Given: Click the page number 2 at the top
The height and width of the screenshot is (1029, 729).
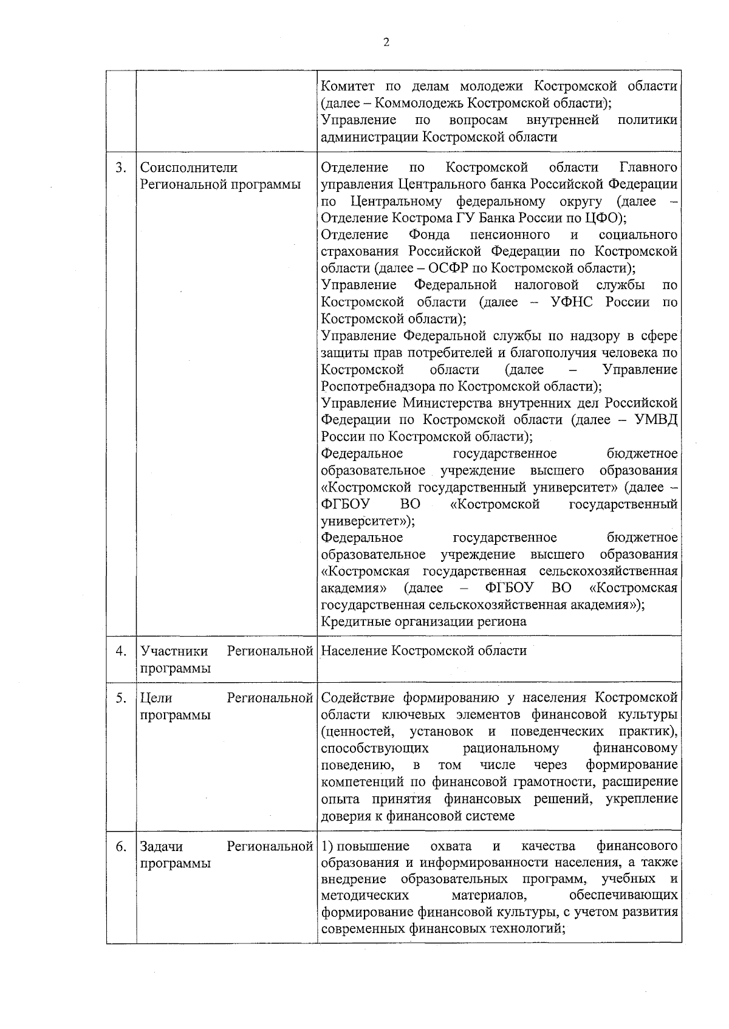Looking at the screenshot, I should point(386,42).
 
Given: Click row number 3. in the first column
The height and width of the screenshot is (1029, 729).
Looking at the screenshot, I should point(121,168).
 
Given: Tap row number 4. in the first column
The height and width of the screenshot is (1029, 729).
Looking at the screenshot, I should point(121,651).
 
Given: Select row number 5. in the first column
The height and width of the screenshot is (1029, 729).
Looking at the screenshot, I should point(121,698).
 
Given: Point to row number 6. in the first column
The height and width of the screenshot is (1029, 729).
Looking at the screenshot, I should point(121,846).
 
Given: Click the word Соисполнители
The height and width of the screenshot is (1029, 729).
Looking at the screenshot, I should point(189,168).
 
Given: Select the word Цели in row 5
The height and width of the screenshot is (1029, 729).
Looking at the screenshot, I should point(156,698).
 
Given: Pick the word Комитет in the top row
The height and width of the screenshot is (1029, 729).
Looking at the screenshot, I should point(348,86).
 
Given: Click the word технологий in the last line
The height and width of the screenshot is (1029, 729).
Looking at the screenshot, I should point(527,929).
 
